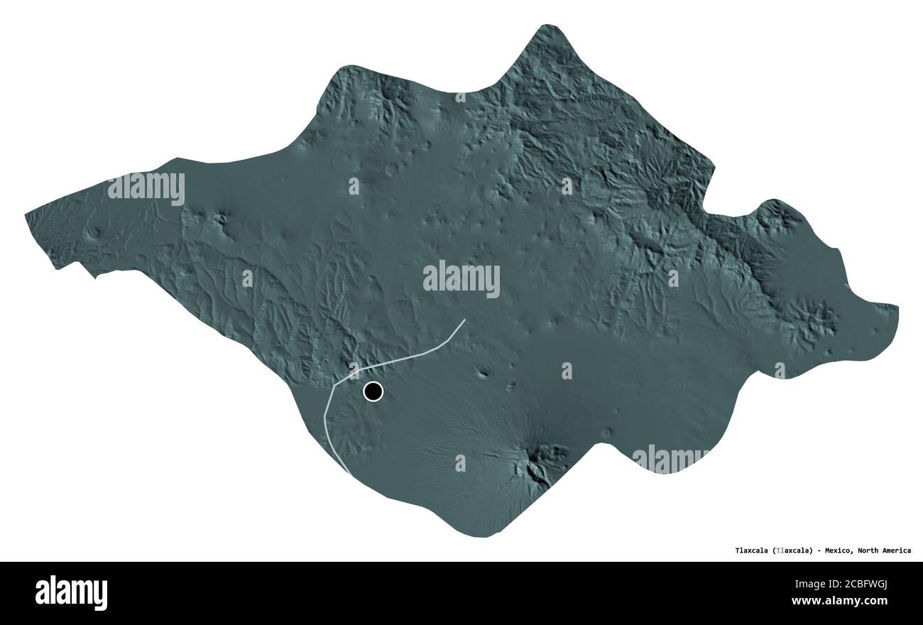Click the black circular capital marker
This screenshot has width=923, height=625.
point(373,391)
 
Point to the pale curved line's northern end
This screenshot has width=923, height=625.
point(465,320)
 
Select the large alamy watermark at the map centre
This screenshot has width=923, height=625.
point(461,279)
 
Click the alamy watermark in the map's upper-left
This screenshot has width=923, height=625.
point(146,188)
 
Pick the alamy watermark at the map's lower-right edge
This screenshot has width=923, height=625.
point(670,458)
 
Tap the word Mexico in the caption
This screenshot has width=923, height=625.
point(839,550)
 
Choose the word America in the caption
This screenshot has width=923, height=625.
point(897,550)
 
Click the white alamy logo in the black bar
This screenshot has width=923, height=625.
point(71,592)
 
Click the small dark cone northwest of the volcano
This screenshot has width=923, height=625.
point(484,373)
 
